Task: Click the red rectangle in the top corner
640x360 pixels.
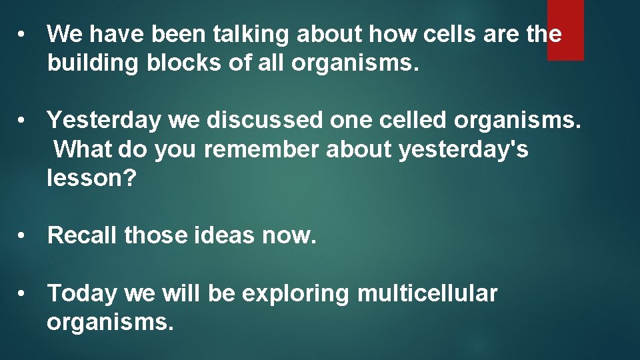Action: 565,30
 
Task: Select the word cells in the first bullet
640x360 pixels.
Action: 446,33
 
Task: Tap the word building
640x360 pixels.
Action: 93,63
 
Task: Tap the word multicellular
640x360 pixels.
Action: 427,293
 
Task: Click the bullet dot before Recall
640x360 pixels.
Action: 23,236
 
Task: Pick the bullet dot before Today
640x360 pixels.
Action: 23,293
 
